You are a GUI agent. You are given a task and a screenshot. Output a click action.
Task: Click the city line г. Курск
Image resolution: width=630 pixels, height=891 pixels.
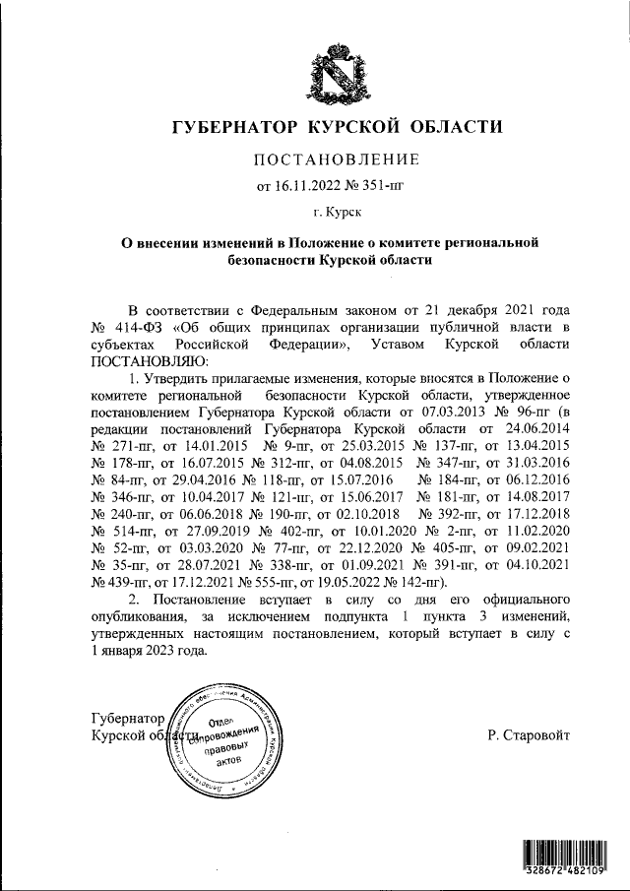338,211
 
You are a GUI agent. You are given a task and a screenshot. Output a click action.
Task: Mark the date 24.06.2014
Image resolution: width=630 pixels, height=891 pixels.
537,428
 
